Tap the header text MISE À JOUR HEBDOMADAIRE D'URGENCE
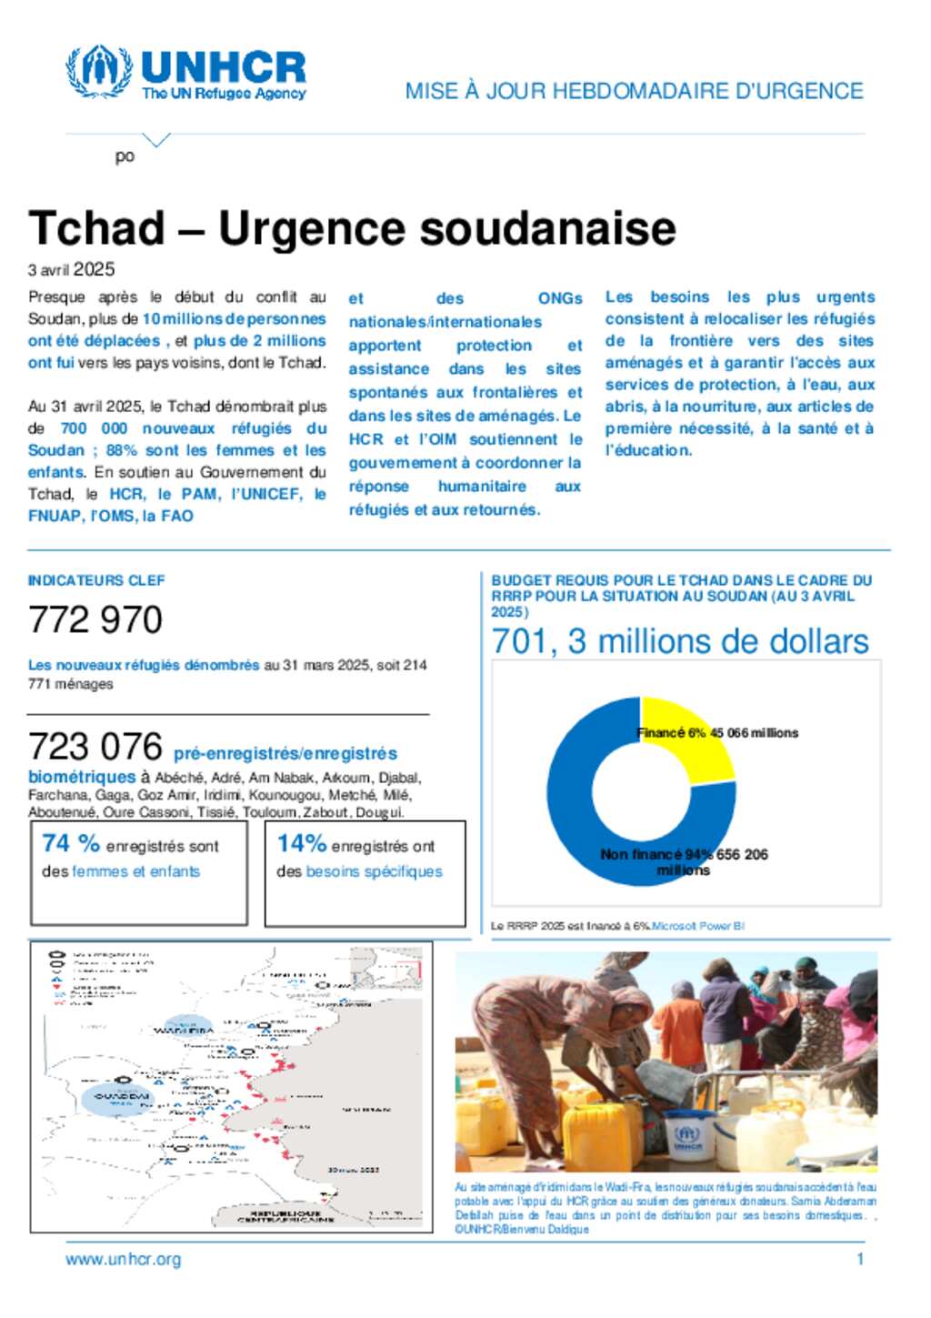click(x=634, y=91)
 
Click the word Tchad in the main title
click(x=96, y=228)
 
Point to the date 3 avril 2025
click(x=71, y=269)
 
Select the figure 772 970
click(x=95, y=620)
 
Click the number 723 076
click(x=95, y=747)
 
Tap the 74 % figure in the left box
click(x=71, y=844)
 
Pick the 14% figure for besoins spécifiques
click(x=301, y=844)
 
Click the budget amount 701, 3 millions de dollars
click(x=680, y=641)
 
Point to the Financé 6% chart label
click(x=671, y=733)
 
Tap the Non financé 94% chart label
click(x=655, y=855)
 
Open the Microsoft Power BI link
click(x=698, y=926)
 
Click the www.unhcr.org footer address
click(x=123, y=1260)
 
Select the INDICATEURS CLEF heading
click(x=96, y=580)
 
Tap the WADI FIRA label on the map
click(x=183, y=1031)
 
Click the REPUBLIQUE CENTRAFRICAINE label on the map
click(x=285, y=1216)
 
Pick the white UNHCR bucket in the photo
click(x=687, y=1137)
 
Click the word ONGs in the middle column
click(x=560, y=298)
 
